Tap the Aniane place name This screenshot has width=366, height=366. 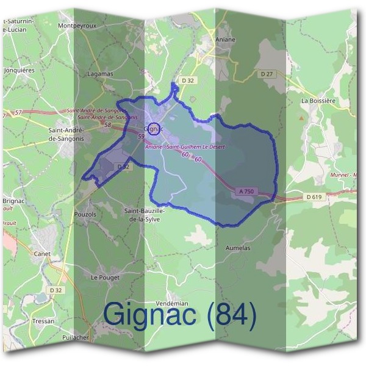[x=225, y=39]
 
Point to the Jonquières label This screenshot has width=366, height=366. [x=20, y=70]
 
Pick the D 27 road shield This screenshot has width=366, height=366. [x=267, y=74]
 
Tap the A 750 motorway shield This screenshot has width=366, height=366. [x=246, y=192]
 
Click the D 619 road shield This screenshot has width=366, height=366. [x=314, y=196]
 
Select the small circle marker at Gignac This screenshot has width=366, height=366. [x=154, y=129]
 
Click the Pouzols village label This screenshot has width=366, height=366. [x=85, y=215]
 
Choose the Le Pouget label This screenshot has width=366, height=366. [x=105, y=277]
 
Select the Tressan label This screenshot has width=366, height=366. [x=43, y=321]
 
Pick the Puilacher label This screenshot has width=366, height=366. [x=75, y=337]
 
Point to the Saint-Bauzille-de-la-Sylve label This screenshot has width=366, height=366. [x=144, y=215]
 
